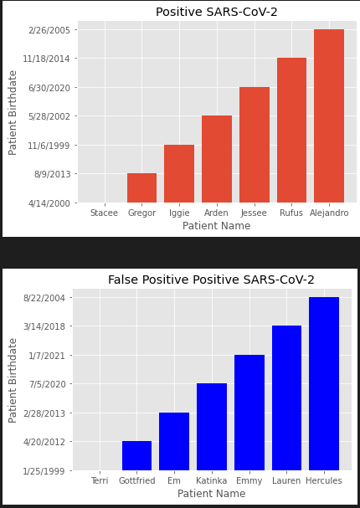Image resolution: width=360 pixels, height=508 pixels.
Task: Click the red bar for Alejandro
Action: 329,115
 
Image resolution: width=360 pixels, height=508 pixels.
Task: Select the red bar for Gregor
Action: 141,187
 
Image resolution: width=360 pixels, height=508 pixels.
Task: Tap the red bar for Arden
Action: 217,159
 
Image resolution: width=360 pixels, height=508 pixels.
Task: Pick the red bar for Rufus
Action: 291,130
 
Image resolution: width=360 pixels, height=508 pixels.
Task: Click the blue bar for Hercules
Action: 324,383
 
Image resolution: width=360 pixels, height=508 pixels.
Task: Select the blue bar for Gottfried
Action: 136,455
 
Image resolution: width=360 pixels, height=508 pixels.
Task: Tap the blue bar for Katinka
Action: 212,427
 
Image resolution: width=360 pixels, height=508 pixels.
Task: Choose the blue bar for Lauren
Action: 286,398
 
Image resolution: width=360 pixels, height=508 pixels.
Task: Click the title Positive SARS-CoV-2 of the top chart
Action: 217,12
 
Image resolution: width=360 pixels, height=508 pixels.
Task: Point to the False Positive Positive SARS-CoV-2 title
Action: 211,280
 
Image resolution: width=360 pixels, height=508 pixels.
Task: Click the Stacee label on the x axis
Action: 104,213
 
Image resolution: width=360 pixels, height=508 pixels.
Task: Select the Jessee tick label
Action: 254,213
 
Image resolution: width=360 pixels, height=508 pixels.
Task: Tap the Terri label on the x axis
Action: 99,481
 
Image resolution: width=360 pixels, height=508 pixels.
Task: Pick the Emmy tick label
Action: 249,481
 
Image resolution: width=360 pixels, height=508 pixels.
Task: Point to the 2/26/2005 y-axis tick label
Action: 49,29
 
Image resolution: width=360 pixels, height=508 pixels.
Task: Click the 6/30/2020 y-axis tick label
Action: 49,87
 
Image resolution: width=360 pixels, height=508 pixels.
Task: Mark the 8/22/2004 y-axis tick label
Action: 44,297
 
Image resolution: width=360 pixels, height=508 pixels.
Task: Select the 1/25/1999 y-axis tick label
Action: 44,470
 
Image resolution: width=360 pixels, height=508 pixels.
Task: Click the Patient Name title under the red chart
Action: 216,226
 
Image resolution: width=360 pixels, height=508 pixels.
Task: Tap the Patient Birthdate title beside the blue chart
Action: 13,380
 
